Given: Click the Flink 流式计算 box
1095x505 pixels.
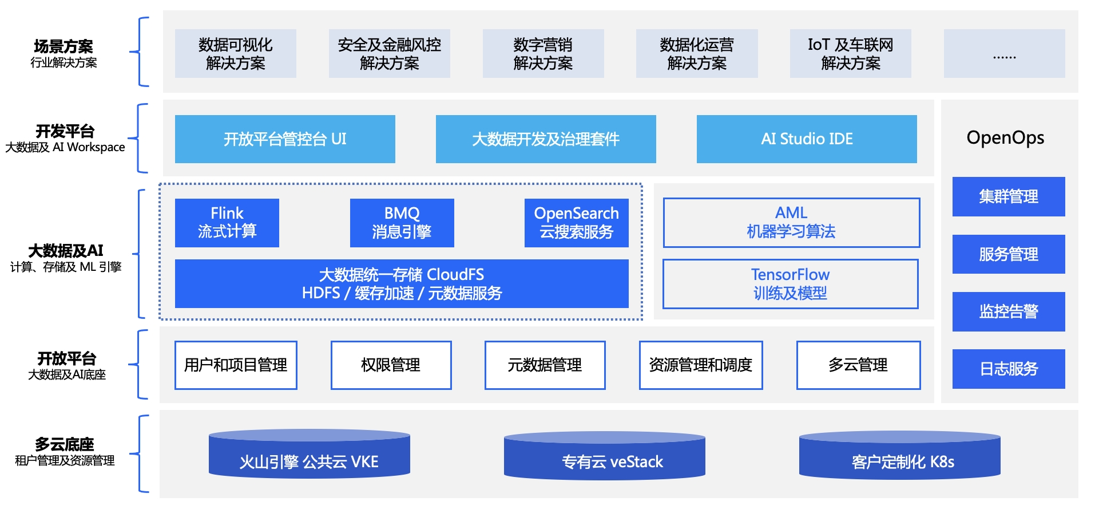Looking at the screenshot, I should coord(227,223).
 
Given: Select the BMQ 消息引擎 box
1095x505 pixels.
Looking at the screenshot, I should coord(402,223).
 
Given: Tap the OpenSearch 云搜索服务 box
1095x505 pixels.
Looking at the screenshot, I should coord(576,223).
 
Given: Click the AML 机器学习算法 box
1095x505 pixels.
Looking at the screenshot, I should coord(791,223).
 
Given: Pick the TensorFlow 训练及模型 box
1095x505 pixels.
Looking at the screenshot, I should coord(790,284).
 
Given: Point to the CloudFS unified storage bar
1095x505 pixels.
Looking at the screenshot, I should coord(402,284).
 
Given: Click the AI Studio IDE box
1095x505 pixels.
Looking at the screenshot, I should coord(807,139).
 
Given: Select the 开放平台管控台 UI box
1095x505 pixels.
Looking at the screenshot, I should coord(285,139).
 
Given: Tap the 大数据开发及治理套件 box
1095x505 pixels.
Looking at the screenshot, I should coord(546,139).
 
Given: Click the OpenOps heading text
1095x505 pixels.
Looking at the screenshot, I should coord(1005,138).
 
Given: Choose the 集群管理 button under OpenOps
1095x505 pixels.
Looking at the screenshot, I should coord(1008,196).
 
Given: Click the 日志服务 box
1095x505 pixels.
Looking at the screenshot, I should coord(1008,369).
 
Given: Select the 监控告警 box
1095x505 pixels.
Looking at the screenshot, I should coord(1008,311).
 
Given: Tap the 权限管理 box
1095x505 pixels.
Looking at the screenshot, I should coord(391,365).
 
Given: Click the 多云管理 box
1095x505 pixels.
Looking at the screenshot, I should coord(858,365).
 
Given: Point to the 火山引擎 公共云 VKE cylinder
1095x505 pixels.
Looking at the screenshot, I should coord(309,457).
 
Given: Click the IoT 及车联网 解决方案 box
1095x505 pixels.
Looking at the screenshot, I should coord(850,54).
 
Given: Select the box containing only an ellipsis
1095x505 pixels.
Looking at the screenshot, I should coord(1004,54).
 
